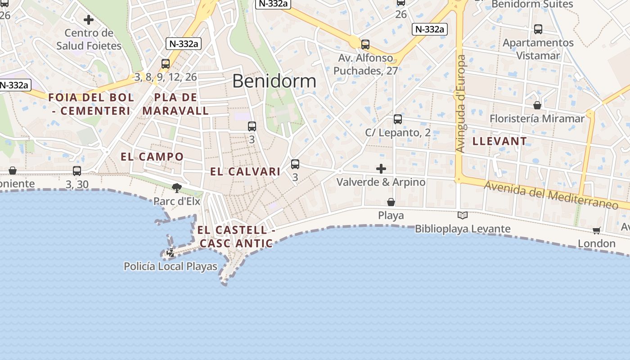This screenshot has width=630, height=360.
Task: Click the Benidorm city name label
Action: click(x=274, y=81)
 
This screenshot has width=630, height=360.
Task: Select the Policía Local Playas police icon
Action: click(x=171, y=253)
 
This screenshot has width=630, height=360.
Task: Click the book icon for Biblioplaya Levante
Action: click(x=462, y=216)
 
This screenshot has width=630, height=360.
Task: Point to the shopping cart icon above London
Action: click(x=597, y=231)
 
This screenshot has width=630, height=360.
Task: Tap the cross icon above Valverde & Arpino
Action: click(x=381, y=169)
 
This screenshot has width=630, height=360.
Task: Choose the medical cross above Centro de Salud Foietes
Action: click(x=89, y=20)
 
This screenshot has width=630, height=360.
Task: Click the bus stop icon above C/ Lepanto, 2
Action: click(x=398, y=119)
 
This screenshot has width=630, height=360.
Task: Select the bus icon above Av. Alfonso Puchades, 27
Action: click(x=365, y=45)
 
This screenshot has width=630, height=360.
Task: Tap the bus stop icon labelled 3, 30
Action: click(x=77, y=171)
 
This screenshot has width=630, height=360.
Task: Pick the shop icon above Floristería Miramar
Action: click(x=537, y=105)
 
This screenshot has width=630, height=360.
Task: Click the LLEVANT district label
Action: click(x=499, y=141)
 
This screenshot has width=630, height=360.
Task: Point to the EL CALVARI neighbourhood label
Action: click(x=245, y=171)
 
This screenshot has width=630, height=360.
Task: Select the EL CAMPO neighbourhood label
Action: click(x=152, y=157)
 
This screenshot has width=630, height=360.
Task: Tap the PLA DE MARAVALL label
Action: click(x=175, y=104)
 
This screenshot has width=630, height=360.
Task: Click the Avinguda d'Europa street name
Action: click(x=461, y=103)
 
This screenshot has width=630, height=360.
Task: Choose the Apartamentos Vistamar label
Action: click(x=538, y=49)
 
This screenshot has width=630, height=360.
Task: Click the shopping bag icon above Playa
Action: click(x=391, y=202)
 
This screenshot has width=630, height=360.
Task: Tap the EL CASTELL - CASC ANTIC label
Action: click(x=236, y=237)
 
